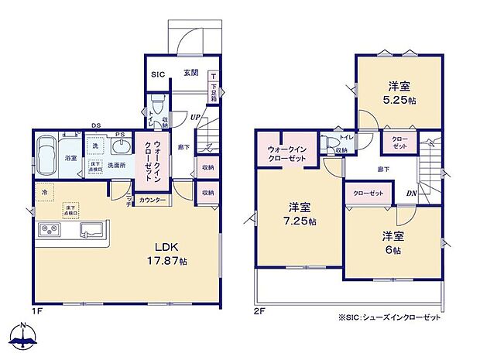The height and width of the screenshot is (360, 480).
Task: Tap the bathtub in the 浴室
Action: point(46,149)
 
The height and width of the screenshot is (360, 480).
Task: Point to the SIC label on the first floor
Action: point(157,75)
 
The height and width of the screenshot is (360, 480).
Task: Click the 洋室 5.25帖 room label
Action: point(399,92)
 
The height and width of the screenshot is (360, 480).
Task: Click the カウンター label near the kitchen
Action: point(153,201)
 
